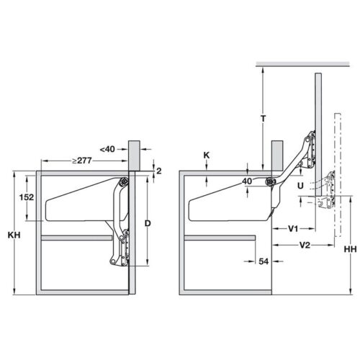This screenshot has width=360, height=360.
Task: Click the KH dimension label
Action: click(14, 235)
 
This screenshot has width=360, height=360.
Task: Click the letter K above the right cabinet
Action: click(207, 154)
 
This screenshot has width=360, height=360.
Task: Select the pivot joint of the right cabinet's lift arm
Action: click(271, 183)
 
